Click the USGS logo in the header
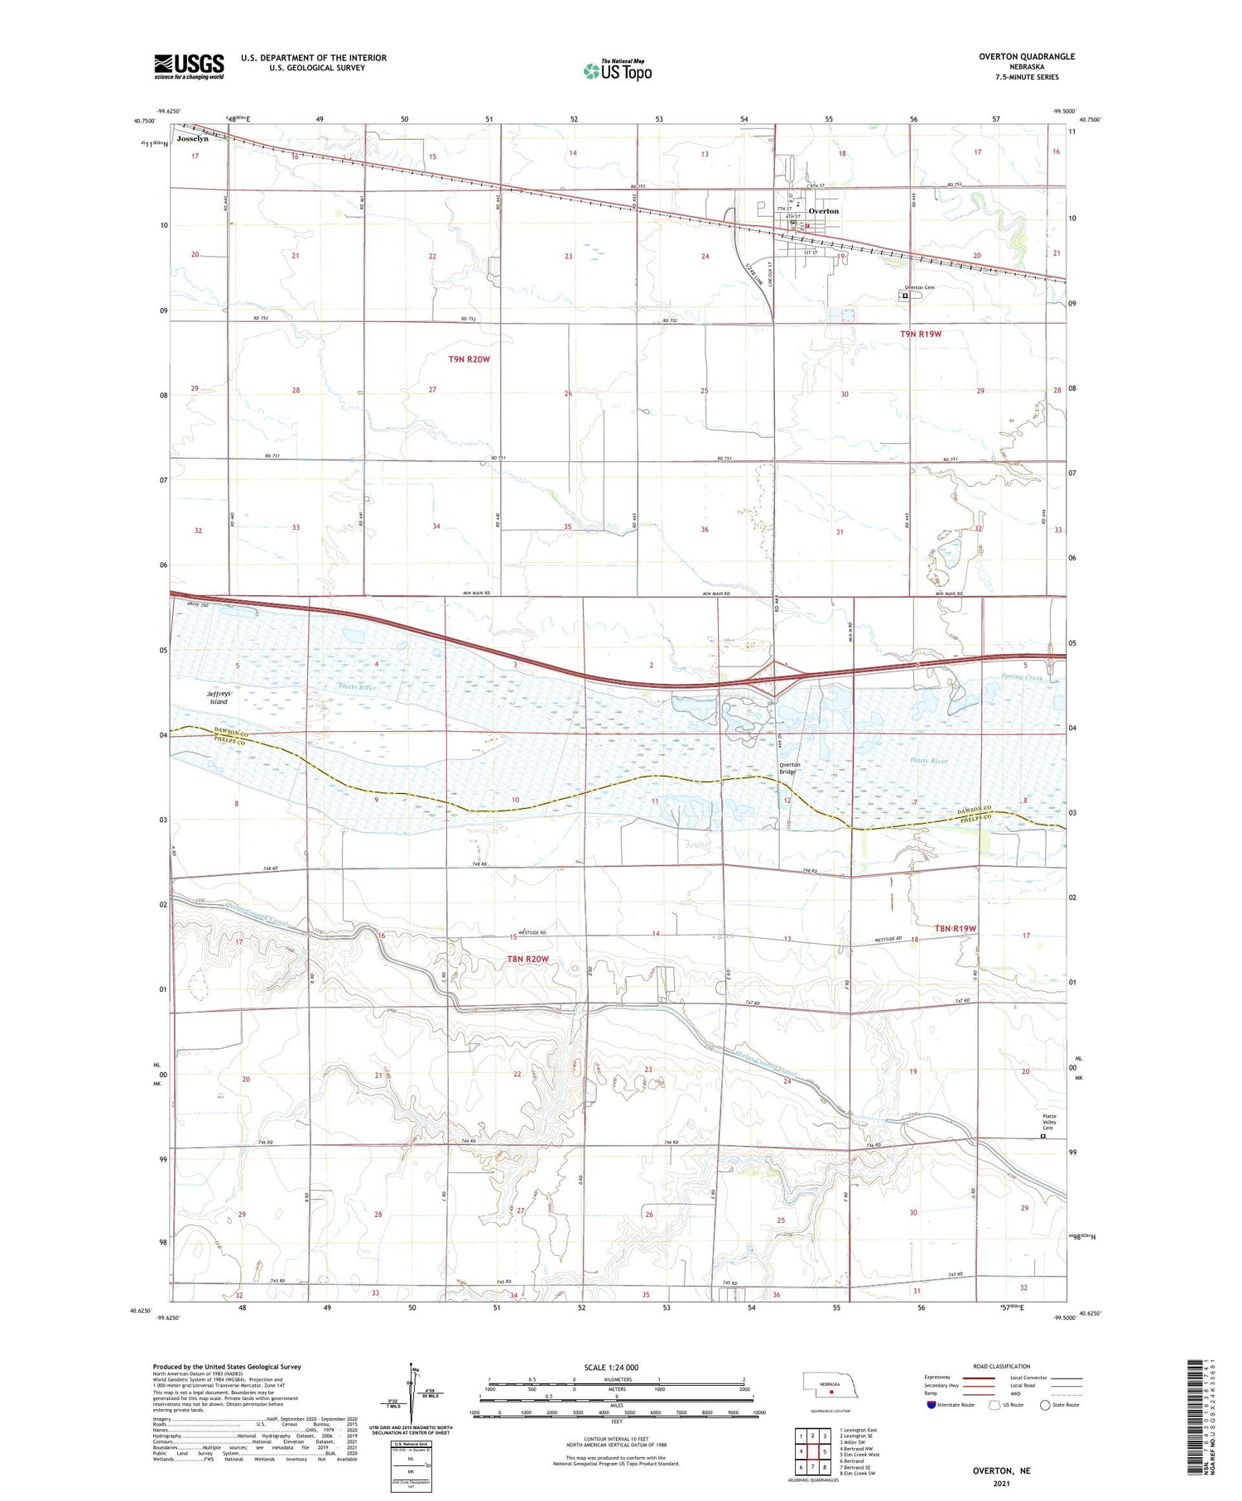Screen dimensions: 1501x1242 click(188, 66)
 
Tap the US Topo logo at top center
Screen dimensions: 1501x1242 click(618, 70)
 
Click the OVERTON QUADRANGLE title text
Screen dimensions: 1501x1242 click(1026, 56)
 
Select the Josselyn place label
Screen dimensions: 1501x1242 click(192, 139)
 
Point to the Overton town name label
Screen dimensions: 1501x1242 click(823, 211)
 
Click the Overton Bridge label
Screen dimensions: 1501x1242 click(787, 768)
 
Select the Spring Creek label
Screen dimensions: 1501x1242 click(1022, 677)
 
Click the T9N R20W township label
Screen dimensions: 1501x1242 click(469, 359)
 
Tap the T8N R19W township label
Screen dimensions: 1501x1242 click(956, 928)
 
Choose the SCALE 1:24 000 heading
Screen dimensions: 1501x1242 click(611, 1367)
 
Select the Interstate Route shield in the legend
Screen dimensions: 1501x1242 click(931, 1404)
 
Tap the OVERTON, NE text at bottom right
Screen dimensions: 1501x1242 click(1003, 1470)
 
